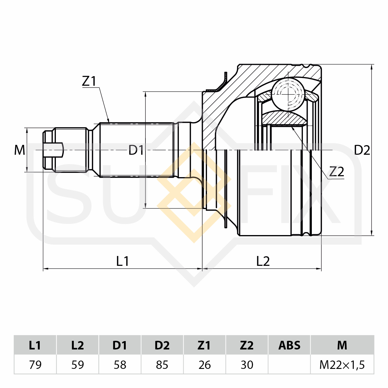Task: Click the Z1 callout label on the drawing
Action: tap(89, 81)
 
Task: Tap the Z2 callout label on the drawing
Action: tap(336, 171)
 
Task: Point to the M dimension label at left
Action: tap(19, 150)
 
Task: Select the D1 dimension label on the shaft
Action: tap(136, 150)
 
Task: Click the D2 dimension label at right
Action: tap(362, 150)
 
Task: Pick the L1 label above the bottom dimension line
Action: tap(122, 261)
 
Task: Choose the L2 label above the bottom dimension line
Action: tap(263, 261)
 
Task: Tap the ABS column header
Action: tap(289, 345)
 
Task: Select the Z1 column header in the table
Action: tap(205, 345)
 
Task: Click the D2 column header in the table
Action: tap(162, 345)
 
